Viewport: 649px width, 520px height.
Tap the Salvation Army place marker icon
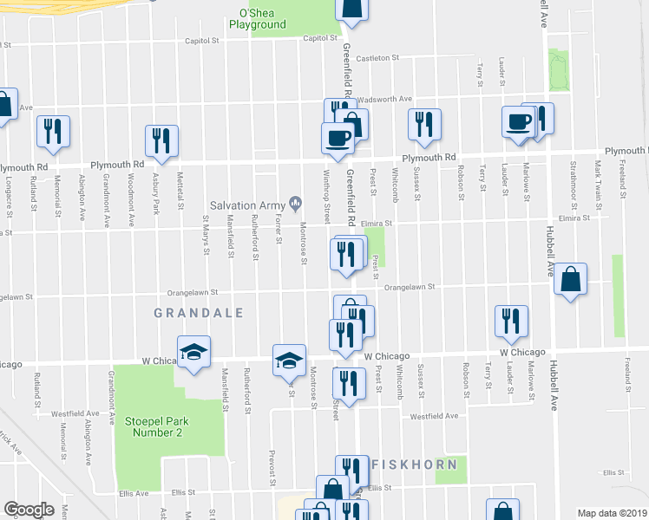point(296,205)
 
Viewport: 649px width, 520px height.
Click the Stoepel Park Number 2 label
point(153,426)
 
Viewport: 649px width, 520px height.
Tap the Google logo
point(29,510)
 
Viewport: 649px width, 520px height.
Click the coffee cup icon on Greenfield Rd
point(337,137)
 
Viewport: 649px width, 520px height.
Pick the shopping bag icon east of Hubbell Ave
point(570,279)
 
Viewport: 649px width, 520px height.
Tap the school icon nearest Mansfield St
point(194,351)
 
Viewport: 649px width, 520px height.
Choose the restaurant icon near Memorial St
point(53,130)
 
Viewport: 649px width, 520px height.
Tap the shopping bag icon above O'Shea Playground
point(353,9)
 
